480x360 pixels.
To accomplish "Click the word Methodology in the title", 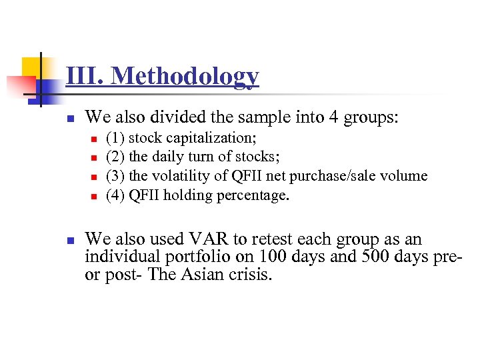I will (x=185, y=76).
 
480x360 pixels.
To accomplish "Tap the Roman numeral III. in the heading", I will (x=85, y=76).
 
